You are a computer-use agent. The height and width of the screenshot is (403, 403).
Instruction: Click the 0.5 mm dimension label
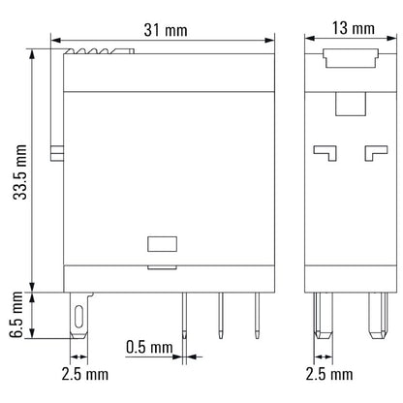(x=148, y=346)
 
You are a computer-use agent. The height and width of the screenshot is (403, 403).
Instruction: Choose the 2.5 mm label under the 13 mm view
(x=324, y=373)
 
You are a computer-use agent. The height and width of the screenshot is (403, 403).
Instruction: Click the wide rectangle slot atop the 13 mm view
(x=349, y=60)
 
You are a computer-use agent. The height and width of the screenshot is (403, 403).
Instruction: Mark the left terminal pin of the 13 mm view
(x=322, y=316)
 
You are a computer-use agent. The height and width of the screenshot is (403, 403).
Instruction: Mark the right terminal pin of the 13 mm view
(x=375, y=316)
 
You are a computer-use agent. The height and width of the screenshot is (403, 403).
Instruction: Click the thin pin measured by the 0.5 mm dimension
(x=184, y=315)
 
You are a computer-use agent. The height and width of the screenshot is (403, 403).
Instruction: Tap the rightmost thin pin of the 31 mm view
(x=257, y=312)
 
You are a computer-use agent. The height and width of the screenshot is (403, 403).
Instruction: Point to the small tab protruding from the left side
(x=56, y=152)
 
